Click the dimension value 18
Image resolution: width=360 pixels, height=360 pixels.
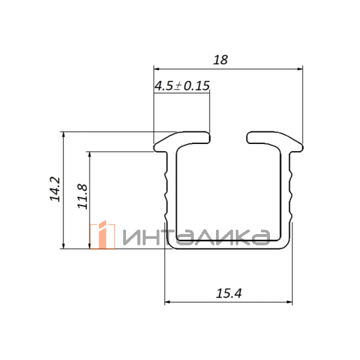[220, 60]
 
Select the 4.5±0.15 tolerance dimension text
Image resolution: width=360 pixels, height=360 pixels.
[182, 86]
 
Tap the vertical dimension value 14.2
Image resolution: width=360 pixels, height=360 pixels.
[55, 189]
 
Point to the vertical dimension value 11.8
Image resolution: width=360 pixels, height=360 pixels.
[82, 197]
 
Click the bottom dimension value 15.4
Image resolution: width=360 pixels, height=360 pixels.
[229, 293]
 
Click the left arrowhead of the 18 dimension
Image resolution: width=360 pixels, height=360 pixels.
[157, 68]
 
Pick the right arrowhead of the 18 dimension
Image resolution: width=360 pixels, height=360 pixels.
[300, 68]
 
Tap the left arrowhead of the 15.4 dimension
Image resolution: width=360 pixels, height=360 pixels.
[167, 302]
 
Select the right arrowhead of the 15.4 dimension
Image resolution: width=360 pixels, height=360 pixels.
[290, 302]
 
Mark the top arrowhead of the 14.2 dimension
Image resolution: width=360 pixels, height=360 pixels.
[64, 135]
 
